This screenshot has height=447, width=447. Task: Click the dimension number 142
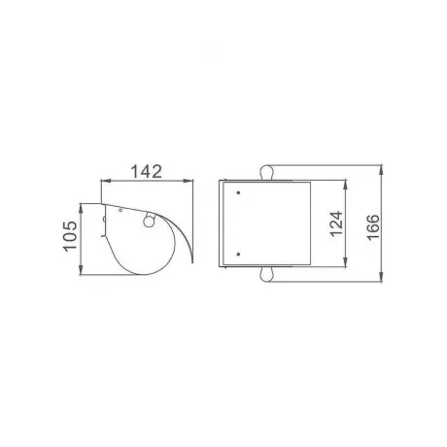click(x=146, y=171)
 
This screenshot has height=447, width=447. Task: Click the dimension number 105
click(x=70, y=236)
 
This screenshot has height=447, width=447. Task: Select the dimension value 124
click(x=336, y=223)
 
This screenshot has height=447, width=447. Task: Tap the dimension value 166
click(x=373, y=226)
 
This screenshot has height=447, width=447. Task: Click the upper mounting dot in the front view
click(x=238, y=192)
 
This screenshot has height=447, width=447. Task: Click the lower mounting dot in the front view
click(x=238, y=255)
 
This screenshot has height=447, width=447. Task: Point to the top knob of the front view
click(x=266, y=173)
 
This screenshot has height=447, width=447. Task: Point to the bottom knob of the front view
click(x=267, y=274)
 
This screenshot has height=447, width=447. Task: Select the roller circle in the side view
click(x=149, y=222)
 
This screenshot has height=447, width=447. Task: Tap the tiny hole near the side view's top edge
click(x=120, y=210)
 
